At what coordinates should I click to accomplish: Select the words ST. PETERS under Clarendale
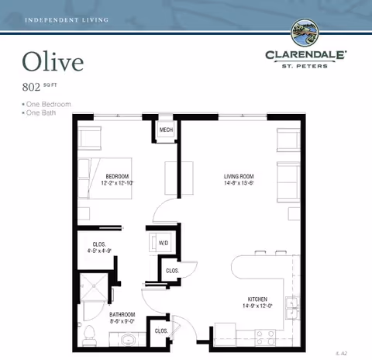point(306,66)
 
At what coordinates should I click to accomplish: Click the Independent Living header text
point(67,18)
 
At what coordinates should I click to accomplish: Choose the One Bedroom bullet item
point(48,104)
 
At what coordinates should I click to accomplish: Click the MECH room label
point(166,130)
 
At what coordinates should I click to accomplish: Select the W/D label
point(164,243)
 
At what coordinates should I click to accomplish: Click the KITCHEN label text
point(257,299)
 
